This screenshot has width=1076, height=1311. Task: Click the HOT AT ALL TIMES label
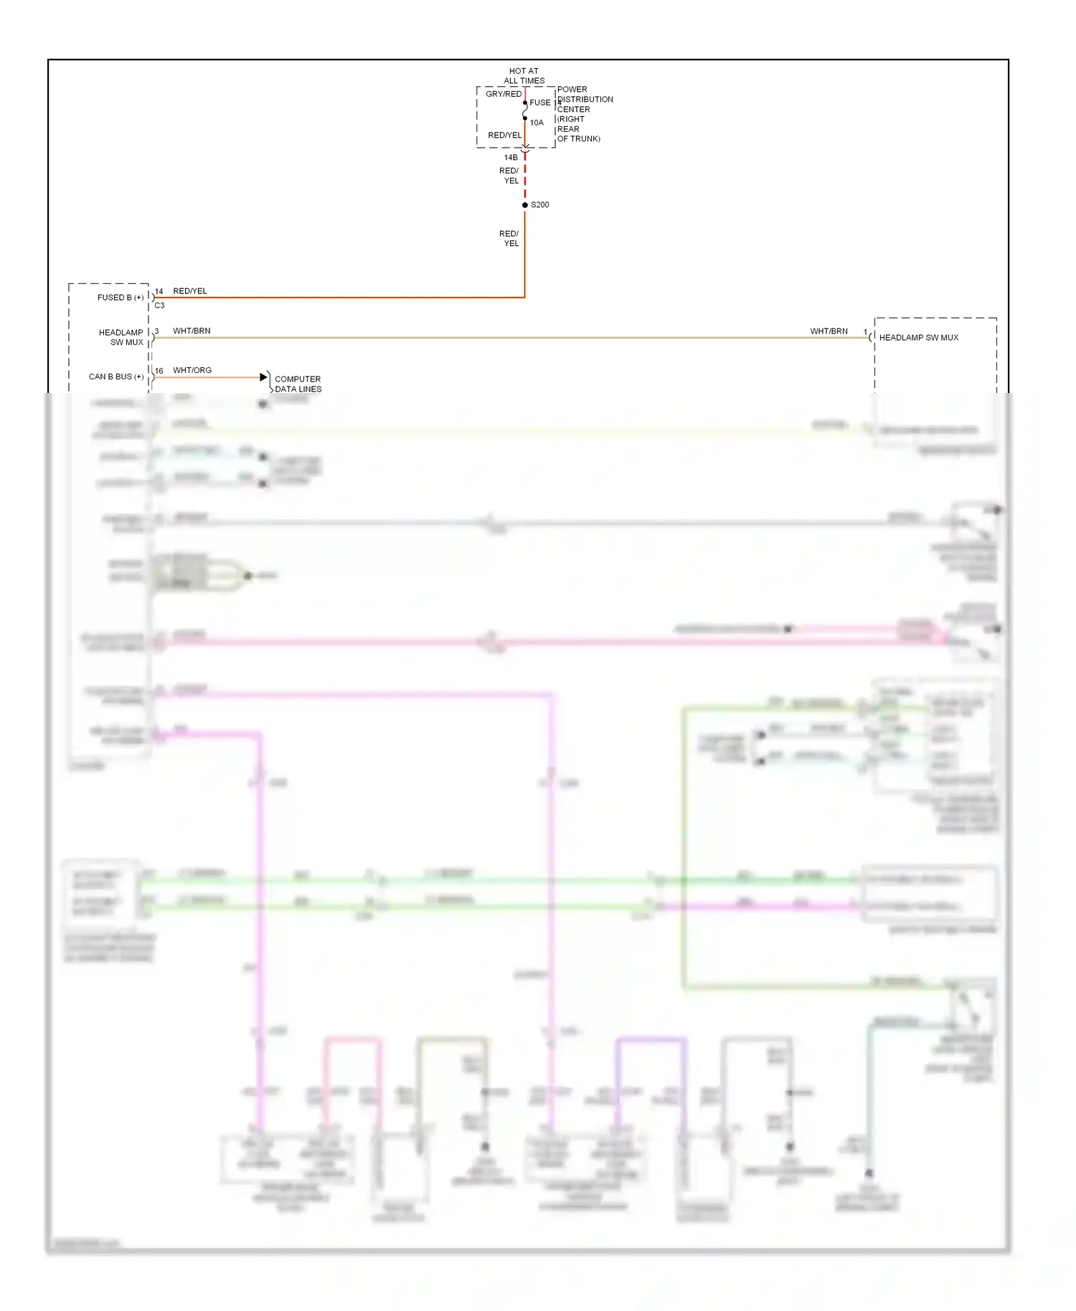[x=524, y=76]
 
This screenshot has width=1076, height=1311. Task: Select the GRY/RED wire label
[x=504, y=94]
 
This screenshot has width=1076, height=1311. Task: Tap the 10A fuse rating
[x=537, y=123]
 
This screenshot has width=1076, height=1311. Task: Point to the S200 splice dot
[x=525, y=205]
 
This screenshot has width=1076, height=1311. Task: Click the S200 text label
[x=540, y=205]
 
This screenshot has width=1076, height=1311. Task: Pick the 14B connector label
[x=511, y=158]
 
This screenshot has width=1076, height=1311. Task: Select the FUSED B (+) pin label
[x=121, y=298]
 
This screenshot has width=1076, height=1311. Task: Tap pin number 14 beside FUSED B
[x=159, y=292]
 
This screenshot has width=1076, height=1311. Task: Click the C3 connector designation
[x=159, y=306]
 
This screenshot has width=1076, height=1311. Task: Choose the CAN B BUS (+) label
[x=116, y=377]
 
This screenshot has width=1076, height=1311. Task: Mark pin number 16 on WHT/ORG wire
[x=159, y=371]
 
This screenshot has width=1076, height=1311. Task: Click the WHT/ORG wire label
[x=192, y=371]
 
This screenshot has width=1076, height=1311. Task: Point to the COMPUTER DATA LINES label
[x=298, y=384]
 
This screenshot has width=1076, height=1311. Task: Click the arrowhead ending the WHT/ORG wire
[x=263, y=377]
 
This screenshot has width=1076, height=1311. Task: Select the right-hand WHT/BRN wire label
[x=829, y=331]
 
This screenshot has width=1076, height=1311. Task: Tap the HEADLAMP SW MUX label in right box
[x=919, y=338]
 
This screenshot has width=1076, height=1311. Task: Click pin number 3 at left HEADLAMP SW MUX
[x=156, y=331]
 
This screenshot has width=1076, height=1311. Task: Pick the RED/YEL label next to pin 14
[x=190, y=291]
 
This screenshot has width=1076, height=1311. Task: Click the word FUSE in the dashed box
[x=540, y=103]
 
